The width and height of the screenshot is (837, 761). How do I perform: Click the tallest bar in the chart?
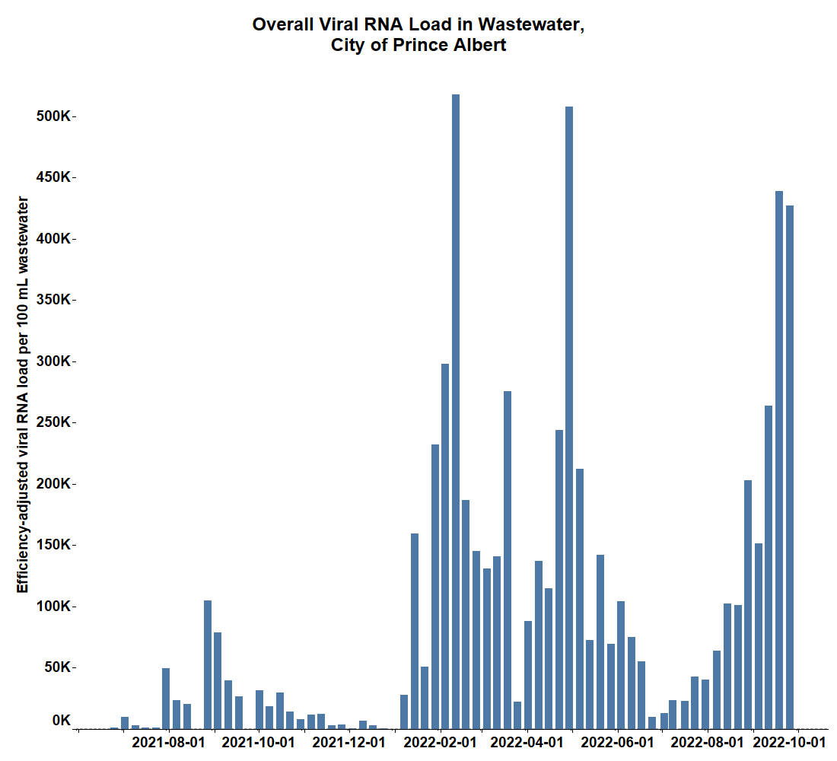[x=456, y=411]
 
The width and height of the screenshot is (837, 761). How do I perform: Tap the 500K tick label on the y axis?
[x=55, y=116]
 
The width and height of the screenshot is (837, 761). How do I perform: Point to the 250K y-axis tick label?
[x=55, y=422]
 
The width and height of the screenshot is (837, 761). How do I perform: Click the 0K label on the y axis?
[x=62, y=720]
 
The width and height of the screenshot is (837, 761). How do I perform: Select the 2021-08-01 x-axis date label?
[x=169, y=742]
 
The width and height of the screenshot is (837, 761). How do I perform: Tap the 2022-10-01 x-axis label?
[x=789, y=742]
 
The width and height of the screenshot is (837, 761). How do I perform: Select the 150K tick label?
[x=55, y=545]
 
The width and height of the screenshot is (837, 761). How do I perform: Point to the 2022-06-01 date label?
[x=622, y=742]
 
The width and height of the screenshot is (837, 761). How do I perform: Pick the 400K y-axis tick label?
[x=55, y=238]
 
